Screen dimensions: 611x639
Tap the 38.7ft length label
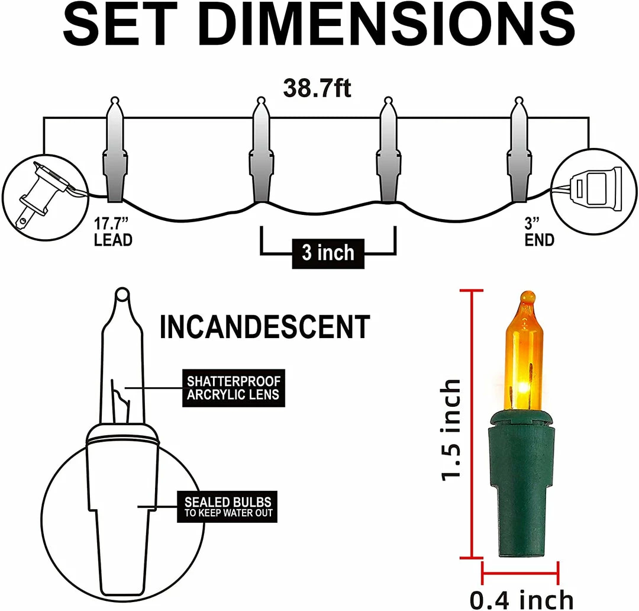[317, 89]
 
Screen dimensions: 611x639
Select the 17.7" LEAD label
[112, 233]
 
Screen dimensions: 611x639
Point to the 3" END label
[538, 233]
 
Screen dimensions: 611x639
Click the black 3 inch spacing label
[328, 253]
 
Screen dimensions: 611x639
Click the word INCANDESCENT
[264, 327]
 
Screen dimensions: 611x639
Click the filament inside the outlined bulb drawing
[120, 403]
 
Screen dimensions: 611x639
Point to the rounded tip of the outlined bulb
[122, 294]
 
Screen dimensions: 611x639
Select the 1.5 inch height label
[451, 430]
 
